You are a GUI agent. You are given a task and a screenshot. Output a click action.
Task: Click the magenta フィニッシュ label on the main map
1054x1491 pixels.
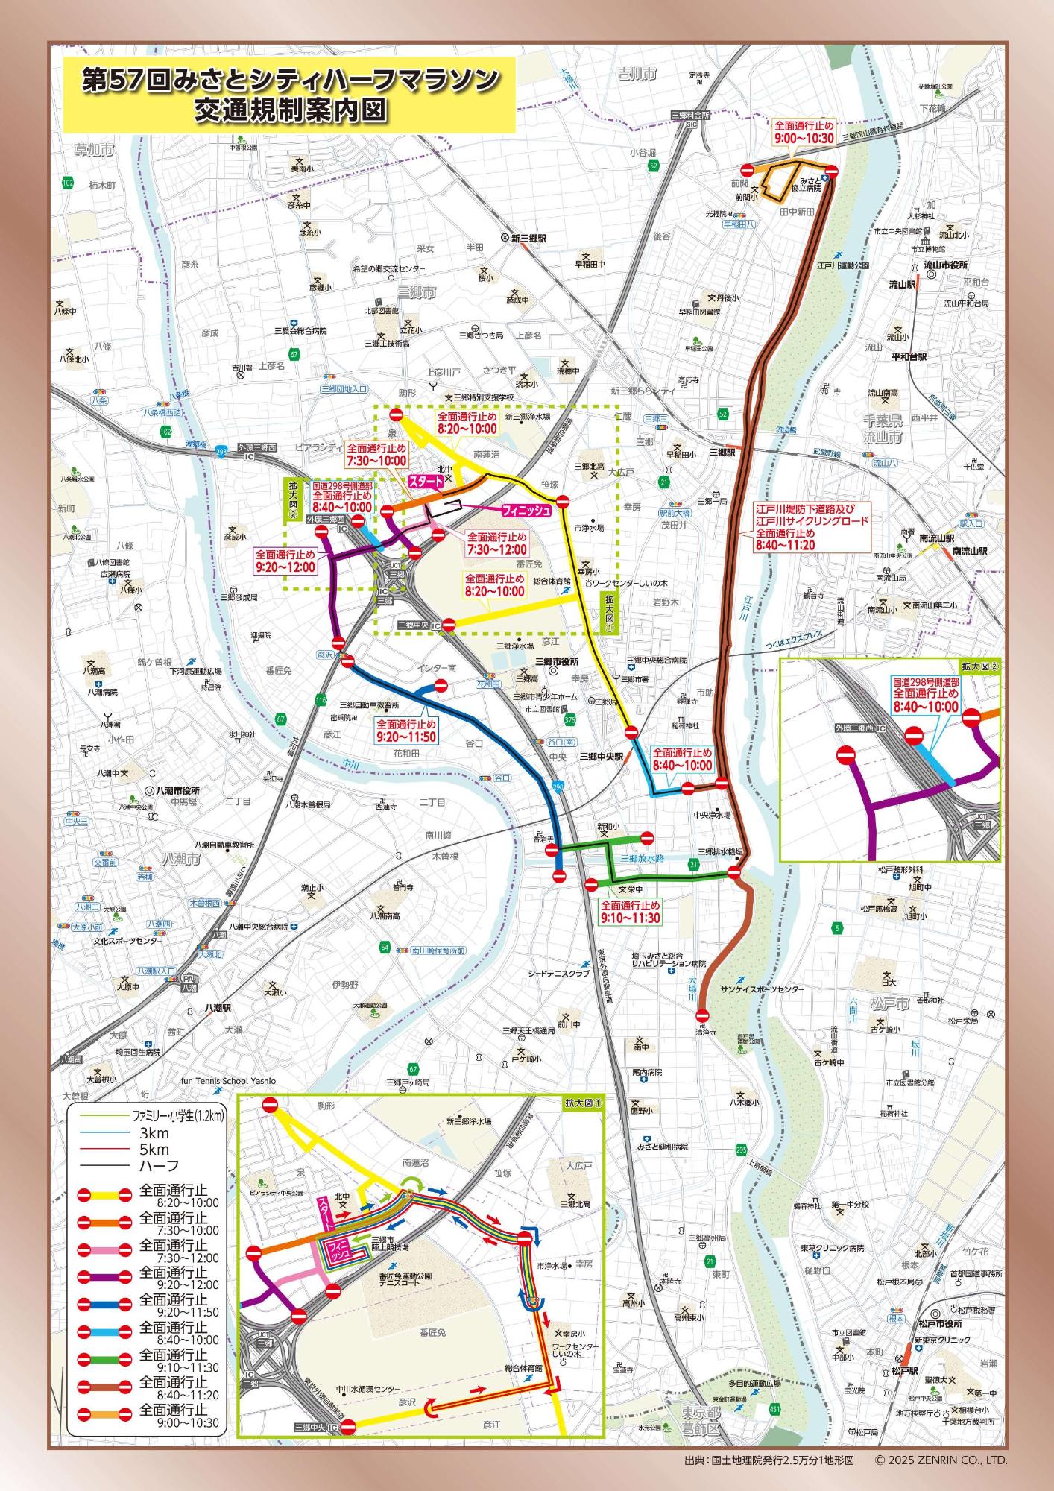point(526,510)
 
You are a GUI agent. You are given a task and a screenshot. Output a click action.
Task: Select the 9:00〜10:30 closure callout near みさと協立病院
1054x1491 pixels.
point(804,132)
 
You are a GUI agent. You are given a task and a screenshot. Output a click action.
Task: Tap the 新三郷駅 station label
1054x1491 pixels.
point(528,239)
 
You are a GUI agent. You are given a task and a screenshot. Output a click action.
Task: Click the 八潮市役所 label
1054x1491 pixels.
point(179,791)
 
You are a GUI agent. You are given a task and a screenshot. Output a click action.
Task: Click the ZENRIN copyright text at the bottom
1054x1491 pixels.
point(941,1460)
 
